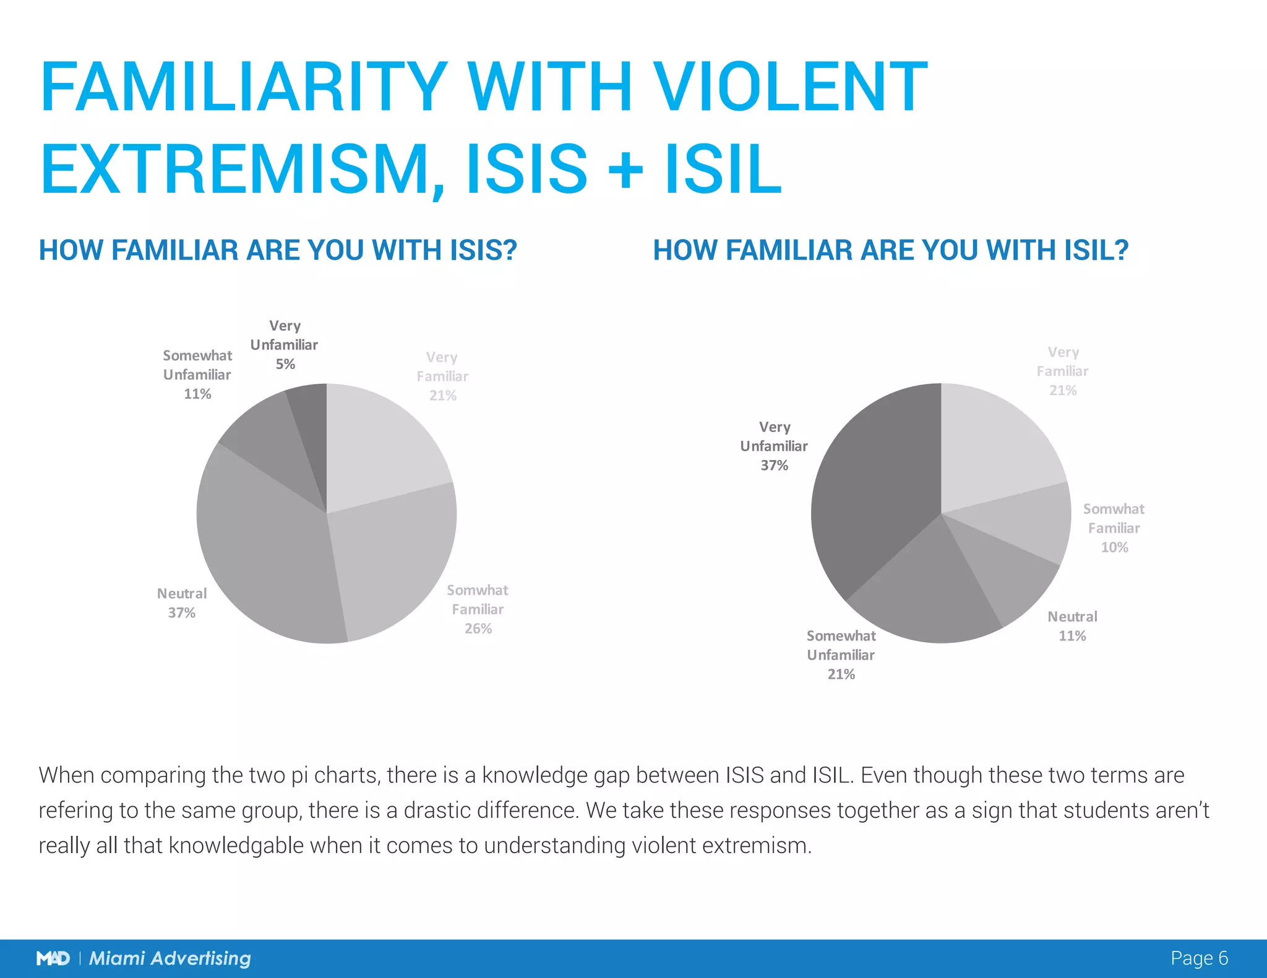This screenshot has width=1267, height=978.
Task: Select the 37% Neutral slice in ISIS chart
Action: [266, 556]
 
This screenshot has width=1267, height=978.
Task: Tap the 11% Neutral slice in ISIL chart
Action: [1002, 575]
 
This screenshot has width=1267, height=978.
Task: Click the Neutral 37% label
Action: [181, 603]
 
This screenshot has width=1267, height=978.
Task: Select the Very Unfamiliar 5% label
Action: [284, 344]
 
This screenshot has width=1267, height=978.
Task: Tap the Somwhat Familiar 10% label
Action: [1114, 528]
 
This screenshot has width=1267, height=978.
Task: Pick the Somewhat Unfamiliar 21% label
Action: [841, 655]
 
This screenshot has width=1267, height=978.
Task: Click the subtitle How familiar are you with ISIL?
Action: [891, 250]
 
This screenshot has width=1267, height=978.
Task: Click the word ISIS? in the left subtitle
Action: [483, 250]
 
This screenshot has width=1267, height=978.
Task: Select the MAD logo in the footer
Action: [53, 958]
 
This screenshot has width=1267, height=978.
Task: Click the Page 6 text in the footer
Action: [1198, 958]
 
